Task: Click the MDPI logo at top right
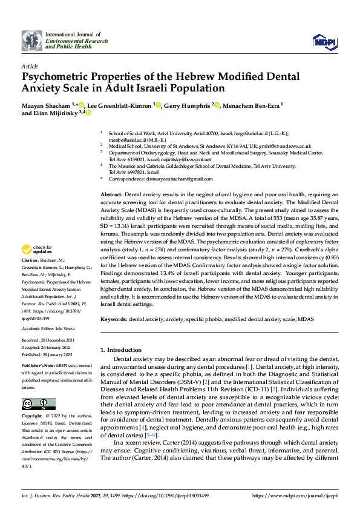point(322,41)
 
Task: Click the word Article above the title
point(30,66)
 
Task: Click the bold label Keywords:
point(114,319)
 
